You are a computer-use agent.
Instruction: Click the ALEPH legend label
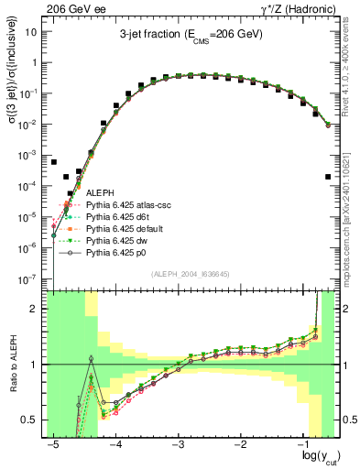(x=100, y=193)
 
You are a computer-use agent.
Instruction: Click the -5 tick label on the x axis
(x=53, y=442)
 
